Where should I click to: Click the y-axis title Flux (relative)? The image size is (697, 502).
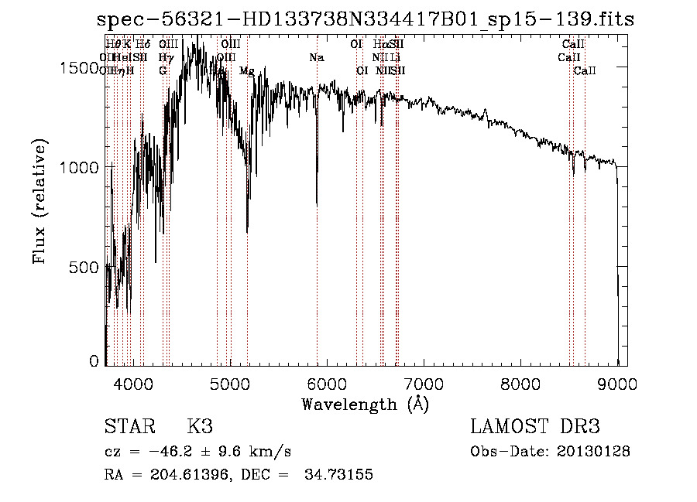[x=39, y=201]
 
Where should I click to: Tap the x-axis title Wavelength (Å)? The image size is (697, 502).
[x=365, y=404]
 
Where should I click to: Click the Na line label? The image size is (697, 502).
[x=316, y=57]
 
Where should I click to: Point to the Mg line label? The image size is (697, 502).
[x=246, y=71]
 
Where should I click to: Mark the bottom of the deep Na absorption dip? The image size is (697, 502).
[x=317, y=204]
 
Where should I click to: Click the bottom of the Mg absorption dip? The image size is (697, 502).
[x=247, y=231]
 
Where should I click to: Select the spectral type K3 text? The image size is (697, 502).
[x=199, y=427]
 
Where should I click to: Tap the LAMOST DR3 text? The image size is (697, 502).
[x=534, y=427]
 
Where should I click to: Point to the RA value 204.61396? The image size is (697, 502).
[x=194, y=475]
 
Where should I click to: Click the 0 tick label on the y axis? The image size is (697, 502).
[x=94, y=361]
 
